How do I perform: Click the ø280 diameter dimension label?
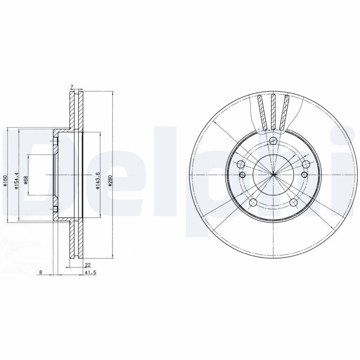pos(109,182)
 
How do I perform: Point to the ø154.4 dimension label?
pos(16,181)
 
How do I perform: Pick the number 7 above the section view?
pos(72,86)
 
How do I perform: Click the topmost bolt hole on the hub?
pos(273,141)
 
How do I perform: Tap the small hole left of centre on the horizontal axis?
pos(242,174)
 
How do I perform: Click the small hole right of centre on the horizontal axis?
pos(304,174)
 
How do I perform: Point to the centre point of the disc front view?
pos(273,174)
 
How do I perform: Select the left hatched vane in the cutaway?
pos(262,112)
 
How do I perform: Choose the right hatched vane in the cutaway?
pos(284,112)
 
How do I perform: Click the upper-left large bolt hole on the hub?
pos(241,164)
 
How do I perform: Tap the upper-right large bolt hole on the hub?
pos(306,164)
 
